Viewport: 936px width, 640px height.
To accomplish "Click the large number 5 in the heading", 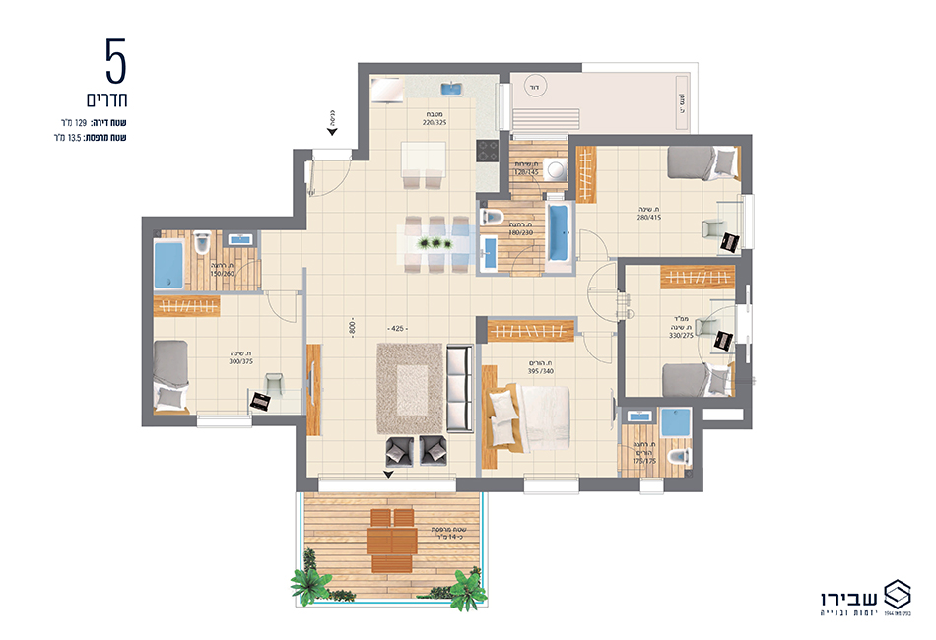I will point(116,62).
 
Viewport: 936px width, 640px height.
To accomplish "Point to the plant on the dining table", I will point(431,242).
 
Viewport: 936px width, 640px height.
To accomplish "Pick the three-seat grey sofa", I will point(459,389).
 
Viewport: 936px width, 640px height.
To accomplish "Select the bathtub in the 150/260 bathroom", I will point(168,266).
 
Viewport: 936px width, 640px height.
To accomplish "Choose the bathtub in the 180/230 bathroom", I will point(558,233).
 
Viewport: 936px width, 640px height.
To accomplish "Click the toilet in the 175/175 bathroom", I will point(679,458).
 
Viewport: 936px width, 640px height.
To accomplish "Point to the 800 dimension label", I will point(352,328).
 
